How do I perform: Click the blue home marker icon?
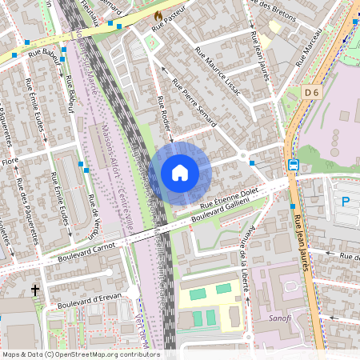tap(180, 172)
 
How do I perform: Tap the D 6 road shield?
tap(313, 93)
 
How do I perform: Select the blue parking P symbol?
tap(346, 202)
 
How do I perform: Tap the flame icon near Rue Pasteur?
tap(158, 15)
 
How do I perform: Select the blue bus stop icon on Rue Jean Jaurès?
tap(294, 165)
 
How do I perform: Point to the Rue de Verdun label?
tap(93, 216)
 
